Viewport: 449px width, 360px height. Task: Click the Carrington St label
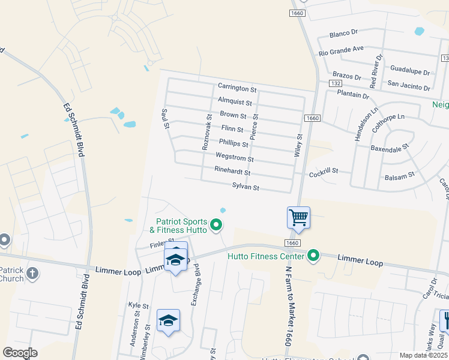(237, 89)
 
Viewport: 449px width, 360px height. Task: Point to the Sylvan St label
(246, 188)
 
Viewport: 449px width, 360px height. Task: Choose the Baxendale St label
(389, 146)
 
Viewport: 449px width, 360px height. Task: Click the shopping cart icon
(298, 217)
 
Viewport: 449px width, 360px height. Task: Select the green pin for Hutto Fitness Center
(313, 256)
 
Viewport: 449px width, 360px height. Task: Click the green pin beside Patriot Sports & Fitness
(217, 226)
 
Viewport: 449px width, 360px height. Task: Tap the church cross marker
(32, 274)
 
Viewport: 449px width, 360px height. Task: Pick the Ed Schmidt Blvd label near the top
(73, 130)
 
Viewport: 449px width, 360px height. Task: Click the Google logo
(20, 353)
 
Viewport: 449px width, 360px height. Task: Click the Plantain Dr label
(352, 95)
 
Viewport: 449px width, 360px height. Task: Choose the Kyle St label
(134, 305)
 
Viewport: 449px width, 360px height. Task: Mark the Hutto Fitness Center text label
(267, 256)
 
